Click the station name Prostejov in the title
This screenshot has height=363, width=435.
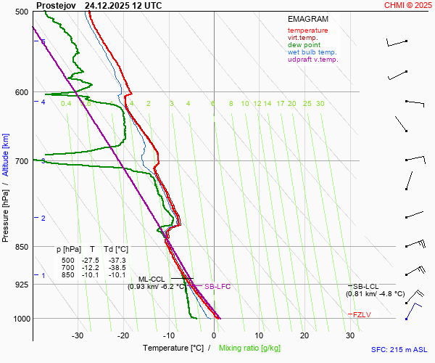[55, 5]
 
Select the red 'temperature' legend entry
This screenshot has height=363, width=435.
[307, 30]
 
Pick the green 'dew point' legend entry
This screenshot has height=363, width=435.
[304, 45]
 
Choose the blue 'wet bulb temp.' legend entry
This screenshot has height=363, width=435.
[312, 52]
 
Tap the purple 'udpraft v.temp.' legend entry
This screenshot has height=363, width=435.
[312, 60]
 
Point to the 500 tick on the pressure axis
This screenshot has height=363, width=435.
[21, 12]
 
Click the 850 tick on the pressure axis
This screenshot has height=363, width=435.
[21, 247]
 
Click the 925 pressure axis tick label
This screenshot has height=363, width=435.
[21, 285]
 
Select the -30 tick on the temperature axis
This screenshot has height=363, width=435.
[78, 335]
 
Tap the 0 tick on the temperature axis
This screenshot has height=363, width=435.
[214, 335]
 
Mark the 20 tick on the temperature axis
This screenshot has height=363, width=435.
[304, 335]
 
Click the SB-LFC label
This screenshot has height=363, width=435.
[217, 287]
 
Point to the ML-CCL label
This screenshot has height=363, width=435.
[152, 279]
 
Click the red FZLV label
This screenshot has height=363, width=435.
[362, 314]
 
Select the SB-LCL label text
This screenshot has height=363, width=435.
[368, 286]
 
